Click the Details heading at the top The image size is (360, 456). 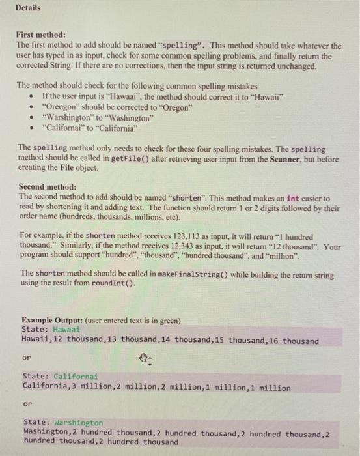[27, 8]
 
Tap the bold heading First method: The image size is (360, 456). [40, 35]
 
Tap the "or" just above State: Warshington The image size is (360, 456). [27, 404]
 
